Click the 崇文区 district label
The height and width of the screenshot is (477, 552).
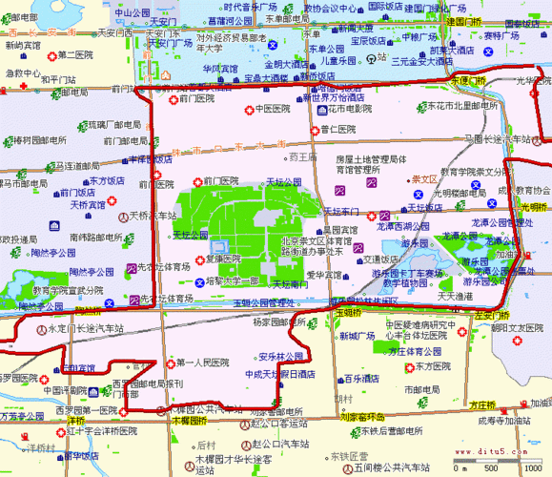(423, 178)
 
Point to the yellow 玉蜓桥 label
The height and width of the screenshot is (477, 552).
(350, 312)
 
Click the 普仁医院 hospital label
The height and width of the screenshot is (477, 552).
(337, 127)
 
